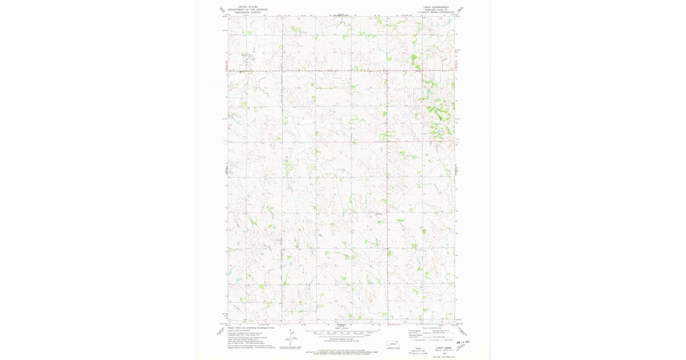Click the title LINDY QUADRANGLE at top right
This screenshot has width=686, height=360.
(x=436, y=7)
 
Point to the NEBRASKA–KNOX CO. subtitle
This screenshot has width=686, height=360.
(x=436, y=10)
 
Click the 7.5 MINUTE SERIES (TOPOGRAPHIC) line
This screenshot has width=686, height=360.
(x=436, y=13)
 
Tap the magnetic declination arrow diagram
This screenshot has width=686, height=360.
(x=292, y=338)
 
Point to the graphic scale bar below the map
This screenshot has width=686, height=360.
(x=341, y=333)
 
